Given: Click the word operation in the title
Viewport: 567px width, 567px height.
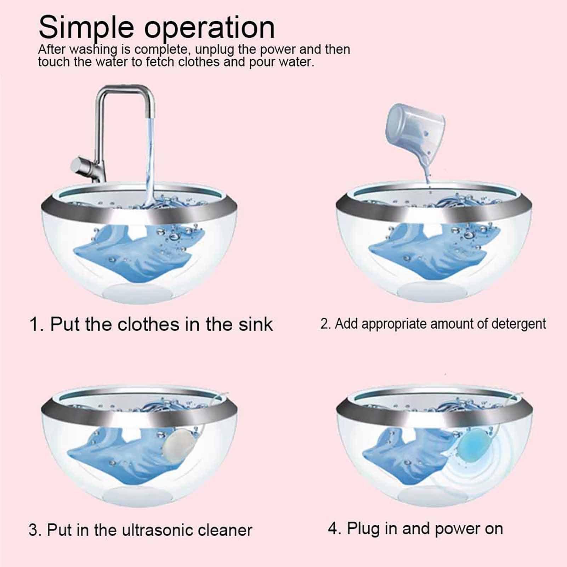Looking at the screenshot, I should [209, 27].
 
